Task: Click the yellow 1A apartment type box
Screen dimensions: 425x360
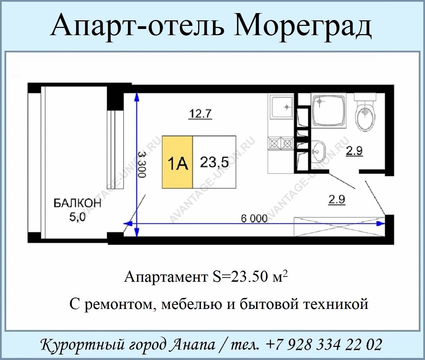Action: [x=178, y=162]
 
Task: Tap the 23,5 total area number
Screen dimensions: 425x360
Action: [x=214, y=162]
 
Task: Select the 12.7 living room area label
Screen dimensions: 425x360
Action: [x=201, y=114]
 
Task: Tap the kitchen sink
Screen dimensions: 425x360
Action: [x=281, y=107]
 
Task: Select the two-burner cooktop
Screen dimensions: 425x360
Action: [x=281, y=143]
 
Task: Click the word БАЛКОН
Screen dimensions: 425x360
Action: [x=78, y=203]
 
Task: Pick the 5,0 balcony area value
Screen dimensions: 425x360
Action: [x=77, y=217]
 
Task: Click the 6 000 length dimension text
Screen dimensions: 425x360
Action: [x=254, y=219]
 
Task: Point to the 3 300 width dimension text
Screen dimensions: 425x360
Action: [x=142, y=164]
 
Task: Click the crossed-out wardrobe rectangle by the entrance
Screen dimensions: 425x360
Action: [x=340, y=227]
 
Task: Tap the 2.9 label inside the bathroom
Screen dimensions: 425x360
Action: [x=354, y=151]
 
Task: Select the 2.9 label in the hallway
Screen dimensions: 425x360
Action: [x=336, y=200]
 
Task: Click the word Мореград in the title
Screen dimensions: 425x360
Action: [x=303, y=27]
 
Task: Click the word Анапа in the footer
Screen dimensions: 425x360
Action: [x=193, y=345]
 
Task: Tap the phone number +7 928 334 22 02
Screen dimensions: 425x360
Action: [x=324, y=345]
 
